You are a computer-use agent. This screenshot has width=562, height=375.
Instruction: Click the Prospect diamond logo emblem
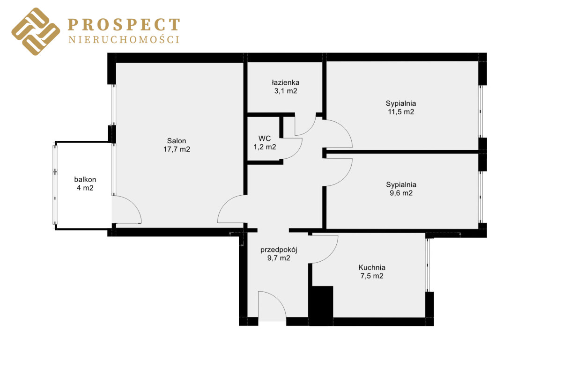point(36,31)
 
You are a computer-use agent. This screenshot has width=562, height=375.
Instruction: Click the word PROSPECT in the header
point(124,25)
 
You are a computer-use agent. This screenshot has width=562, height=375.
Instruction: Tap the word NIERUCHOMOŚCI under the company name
point(124,39)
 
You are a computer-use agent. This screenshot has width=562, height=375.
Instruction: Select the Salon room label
point(177,141)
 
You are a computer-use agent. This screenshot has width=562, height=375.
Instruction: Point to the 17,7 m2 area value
point(177,149)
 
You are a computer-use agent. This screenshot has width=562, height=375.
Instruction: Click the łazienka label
point(286,82)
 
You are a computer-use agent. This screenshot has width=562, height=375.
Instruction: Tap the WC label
point(265,138)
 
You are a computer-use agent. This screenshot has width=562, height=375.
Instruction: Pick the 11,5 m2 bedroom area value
point(401,112)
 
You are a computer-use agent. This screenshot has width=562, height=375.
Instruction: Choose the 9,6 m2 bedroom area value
point(401,193)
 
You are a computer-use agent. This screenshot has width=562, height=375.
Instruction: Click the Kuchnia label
point(372,267)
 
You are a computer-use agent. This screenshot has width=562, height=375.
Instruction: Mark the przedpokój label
point(279,250)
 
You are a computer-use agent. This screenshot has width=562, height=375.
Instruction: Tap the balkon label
point(85,180)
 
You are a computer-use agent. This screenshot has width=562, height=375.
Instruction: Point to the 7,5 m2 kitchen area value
point(372,276)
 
